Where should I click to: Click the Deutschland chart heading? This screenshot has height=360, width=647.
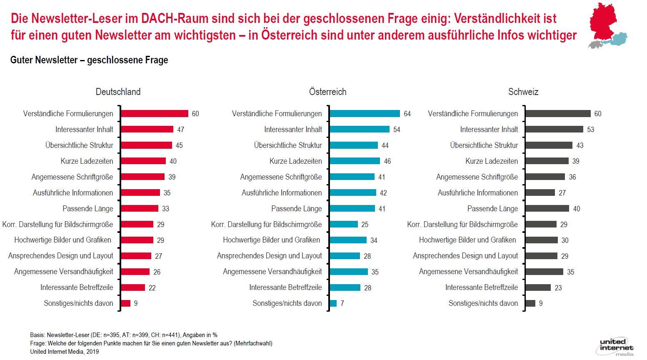pyautogui.click(x=118, y=92)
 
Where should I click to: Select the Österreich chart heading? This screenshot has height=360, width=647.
pyautogui.click(x=327, y=92)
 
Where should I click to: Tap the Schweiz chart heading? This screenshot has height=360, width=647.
pyautogui.click(x=523, y=92)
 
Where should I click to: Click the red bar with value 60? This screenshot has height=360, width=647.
pyautogui.click(x=155, y=114)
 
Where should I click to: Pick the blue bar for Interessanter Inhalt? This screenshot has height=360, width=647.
pyautogui.click(x=360, y=129)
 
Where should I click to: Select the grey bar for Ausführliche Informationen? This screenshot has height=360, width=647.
pyautogui.click(x=540, y=192)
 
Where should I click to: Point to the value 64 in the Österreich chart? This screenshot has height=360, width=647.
pyautogui.click(x=407, y=114)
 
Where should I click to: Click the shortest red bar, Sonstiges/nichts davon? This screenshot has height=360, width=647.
pyautogui.click(x=126, y=303)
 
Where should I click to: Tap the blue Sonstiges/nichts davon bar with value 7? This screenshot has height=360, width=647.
pyautogui.click(x=333, y=303)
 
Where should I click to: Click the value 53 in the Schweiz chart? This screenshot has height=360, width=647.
pyautogui.click(x=590, y=130)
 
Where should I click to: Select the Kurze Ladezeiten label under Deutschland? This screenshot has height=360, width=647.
pyautogui.click(x=87, y=161)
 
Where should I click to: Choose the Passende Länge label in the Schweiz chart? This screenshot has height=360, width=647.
pyautogui.click(x=492, y=209)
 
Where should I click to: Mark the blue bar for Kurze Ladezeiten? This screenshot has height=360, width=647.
pyautogui.click(x=355, y=161)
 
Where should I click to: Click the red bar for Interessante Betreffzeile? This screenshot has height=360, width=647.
pyautogui.click(x=133, y=287)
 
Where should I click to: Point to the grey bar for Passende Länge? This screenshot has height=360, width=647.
pyautogui.click(x=547, y=208)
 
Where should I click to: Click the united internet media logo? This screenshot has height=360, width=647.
pyautogui.click(x=615, y=347)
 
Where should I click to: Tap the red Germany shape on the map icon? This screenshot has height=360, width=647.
pyautogui.click(x=603, y=22)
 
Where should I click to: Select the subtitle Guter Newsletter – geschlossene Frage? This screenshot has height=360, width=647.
pyautogui.click(x=89, y=60)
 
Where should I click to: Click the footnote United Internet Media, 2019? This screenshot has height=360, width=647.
pyautogui.click(x=65, y=352)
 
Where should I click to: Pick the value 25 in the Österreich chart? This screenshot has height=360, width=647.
pyautogui.click(x=365, y=225)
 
